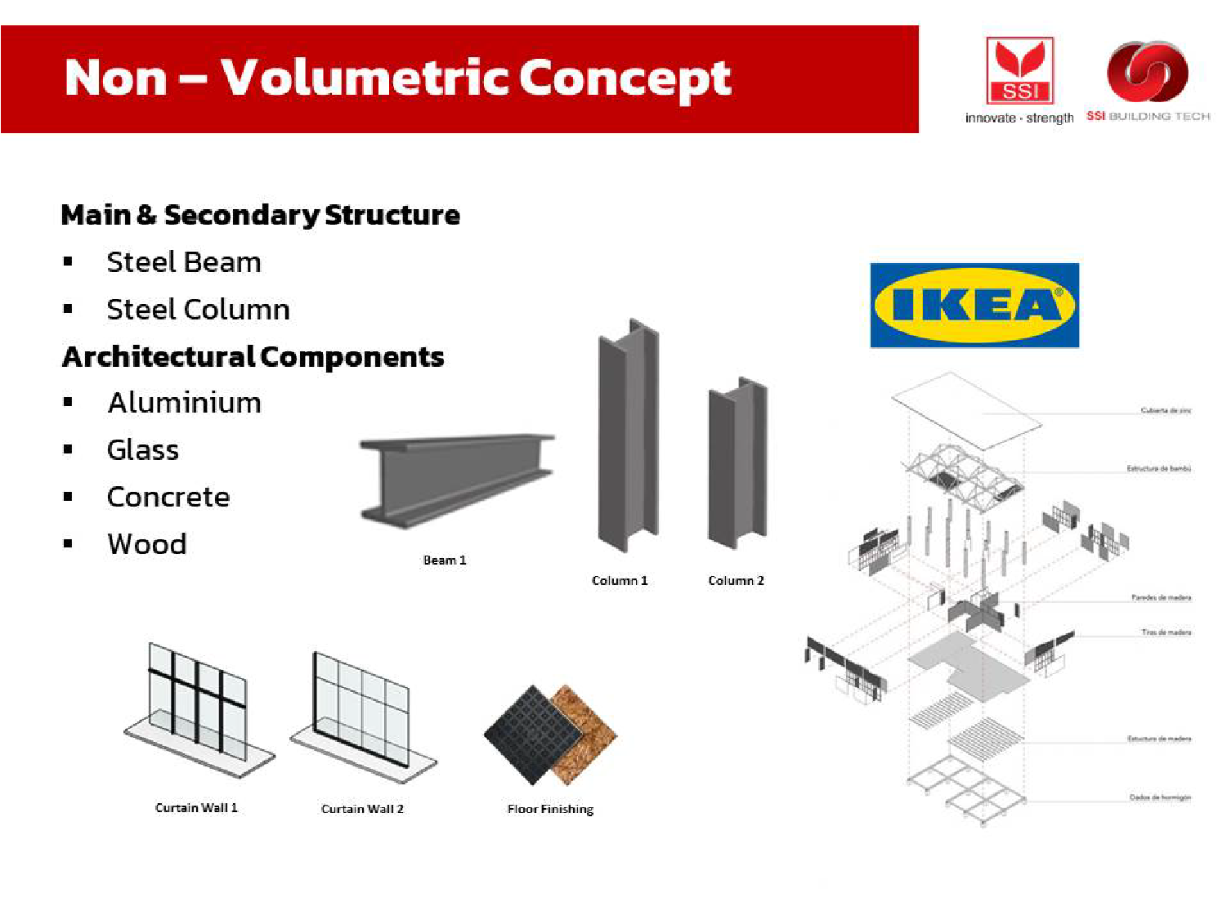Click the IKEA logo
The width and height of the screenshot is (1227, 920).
click(974, 306)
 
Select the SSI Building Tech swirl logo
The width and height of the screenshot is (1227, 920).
click(1147, 73)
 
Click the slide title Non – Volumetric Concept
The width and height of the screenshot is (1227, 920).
click(397, 78)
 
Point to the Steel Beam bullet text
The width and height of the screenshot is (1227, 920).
click(184, 262)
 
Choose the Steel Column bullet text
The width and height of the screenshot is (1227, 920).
click(198, 310)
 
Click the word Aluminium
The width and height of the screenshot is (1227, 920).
click(185, 403)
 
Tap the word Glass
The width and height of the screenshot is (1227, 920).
click(143, 450)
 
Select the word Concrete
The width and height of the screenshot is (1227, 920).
click(168, 497)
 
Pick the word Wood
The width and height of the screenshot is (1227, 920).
click(147, 544)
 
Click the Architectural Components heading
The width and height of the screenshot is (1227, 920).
click(253, 357)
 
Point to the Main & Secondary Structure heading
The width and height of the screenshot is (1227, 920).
click(261, 215)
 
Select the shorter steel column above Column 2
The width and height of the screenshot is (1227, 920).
click(737, 463)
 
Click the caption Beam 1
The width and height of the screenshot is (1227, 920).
click(445, 560)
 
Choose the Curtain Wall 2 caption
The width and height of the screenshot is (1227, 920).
click(362, 809)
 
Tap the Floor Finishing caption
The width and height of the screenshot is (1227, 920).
click(550, 809)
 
